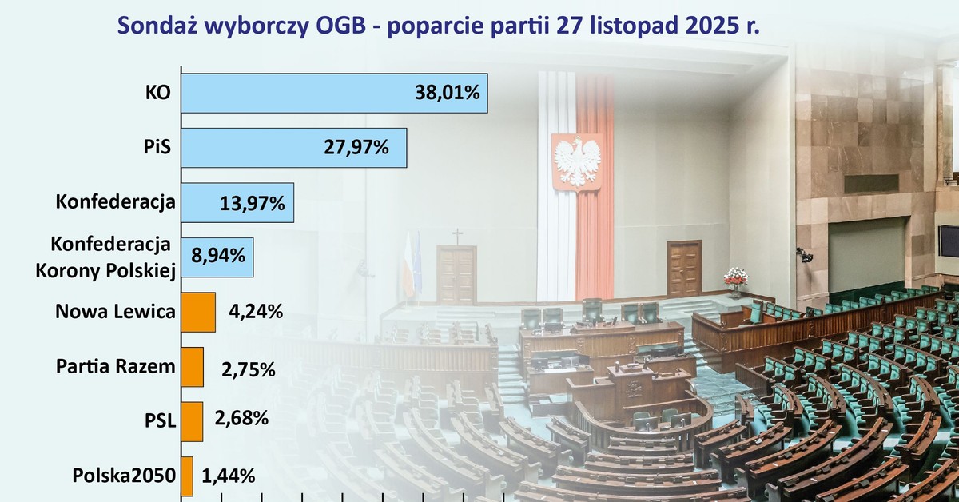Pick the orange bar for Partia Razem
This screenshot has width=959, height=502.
[x=193, y=367]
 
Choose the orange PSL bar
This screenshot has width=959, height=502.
[x=192, y=421]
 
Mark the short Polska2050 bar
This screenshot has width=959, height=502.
[x=187, y=476]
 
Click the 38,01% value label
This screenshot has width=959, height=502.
[x=447, y=94]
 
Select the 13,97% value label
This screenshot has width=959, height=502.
[x=252, y=203]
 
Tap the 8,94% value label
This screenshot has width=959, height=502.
[x=218, y=257]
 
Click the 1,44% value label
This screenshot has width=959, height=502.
[x=229, y=476]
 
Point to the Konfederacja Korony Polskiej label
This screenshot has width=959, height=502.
[x=105, y=257]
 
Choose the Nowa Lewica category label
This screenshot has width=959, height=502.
[x=115, y=312]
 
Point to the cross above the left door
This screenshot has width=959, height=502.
[x=457, y=236]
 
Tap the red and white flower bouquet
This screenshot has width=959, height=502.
[x=735, y=277]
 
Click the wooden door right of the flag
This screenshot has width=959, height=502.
[x=684, y=269]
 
